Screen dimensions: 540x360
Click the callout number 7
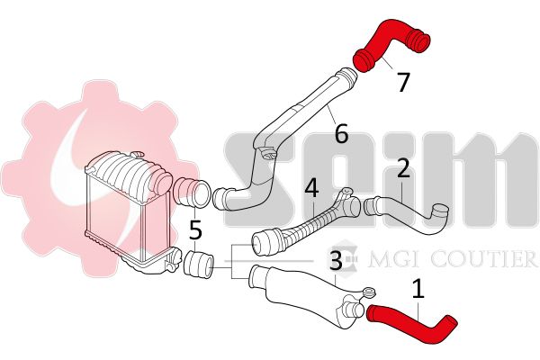click(x=403, y=82)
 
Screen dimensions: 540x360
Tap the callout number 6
click(x=341, y=134)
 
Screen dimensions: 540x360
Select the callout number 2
click(x=403, y=167)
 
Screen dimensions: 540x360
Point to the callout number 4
click(x=311, y=188)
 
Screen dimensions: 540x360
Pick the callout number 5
click(x=195, y=230)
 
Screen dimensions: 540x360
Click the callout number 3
click(x=336, y=260)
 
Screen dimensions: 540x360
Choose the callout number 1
click(x=418, y=289)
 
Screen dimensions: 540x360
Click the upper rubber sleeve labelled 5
click(x=192, y=193)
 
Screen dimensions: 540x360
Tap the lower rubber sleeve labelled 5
click(x=199, y=265)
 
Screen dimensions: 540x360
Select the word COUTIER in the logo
click(x=483, y=259)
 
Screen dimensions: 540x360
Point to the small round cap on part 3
click(x=371, y=292)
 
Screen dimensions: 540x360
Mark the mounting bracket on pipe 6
click(x=269, y=153)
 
